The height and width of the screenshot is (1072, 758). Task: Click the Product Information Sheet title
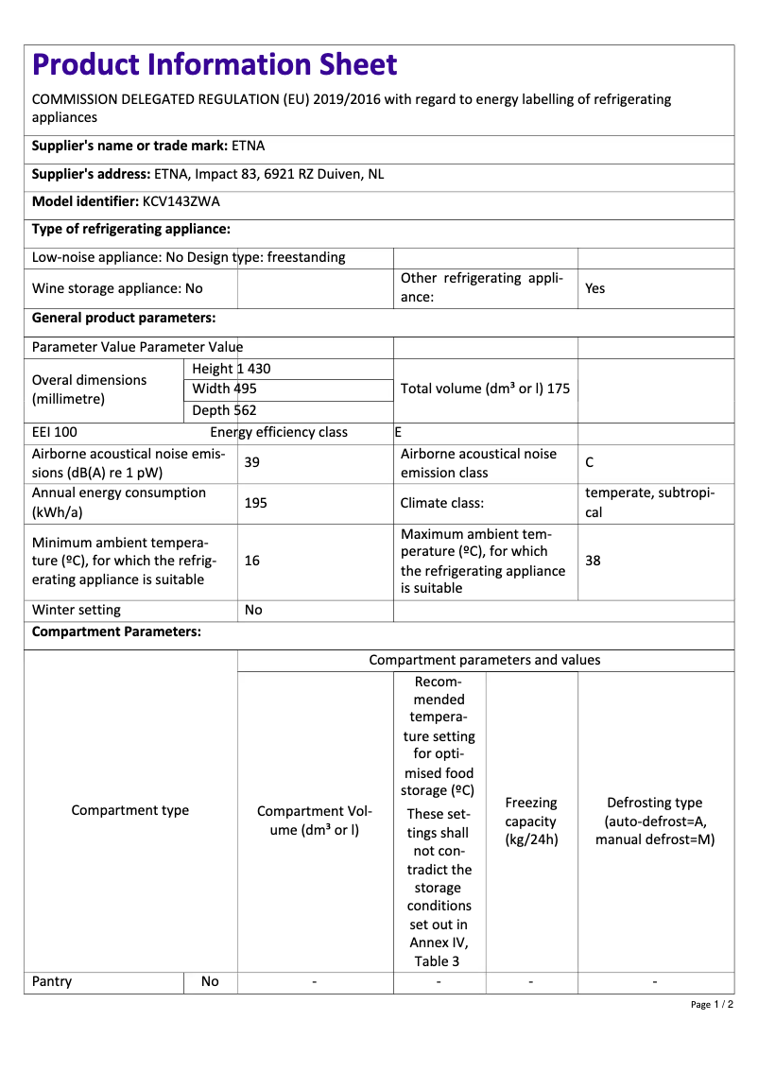pos(215,64)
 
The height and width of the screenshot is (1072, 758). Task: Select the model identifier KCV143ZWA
pos(181,201)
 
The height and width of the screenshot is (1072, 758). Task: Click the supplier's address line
pos(208,174)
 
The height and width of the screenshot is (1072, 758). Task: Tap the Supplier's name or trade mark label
pos(129,146)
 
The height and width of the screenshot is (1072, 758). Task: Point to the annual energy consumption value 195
pos(255,503)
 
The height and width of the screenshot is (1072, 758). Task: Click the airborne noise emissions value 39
pos(252,462)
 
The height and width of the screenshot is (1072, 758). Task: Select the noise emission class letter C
pos(590,462)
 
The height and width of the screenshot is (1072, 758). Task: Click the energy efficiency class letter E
pos(398,432)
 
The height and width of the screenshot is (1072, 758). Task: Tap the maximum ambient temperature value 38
pos(593,561)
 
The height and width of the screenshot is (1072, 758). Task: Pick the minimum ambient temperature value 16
pos(252,561)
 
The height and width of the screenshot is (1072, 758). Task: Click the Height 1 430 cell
pos(232,369)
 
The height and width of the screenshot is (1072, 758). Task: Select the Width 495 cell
pos(225,389)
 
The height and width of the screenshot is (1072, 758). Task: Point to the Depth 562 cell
pos(225,410)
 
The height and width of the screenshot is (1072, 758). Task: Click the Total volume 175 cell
pos(485,389)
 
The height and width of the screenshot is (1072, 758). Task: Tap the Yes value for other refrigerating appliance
pos(594,288)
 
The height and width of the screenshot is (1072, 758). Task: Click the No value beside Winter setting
pos(253,610)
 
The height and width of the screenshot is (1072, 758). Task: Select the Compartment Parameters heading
pos(116,631)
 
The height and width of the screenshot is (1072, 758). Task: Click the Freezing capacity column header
pos(531,821)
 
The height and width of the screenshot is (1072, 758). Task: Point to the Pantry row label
pos(52,981)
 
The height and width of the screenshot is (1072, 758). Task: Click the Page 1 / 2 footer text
pos(712,1004)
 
